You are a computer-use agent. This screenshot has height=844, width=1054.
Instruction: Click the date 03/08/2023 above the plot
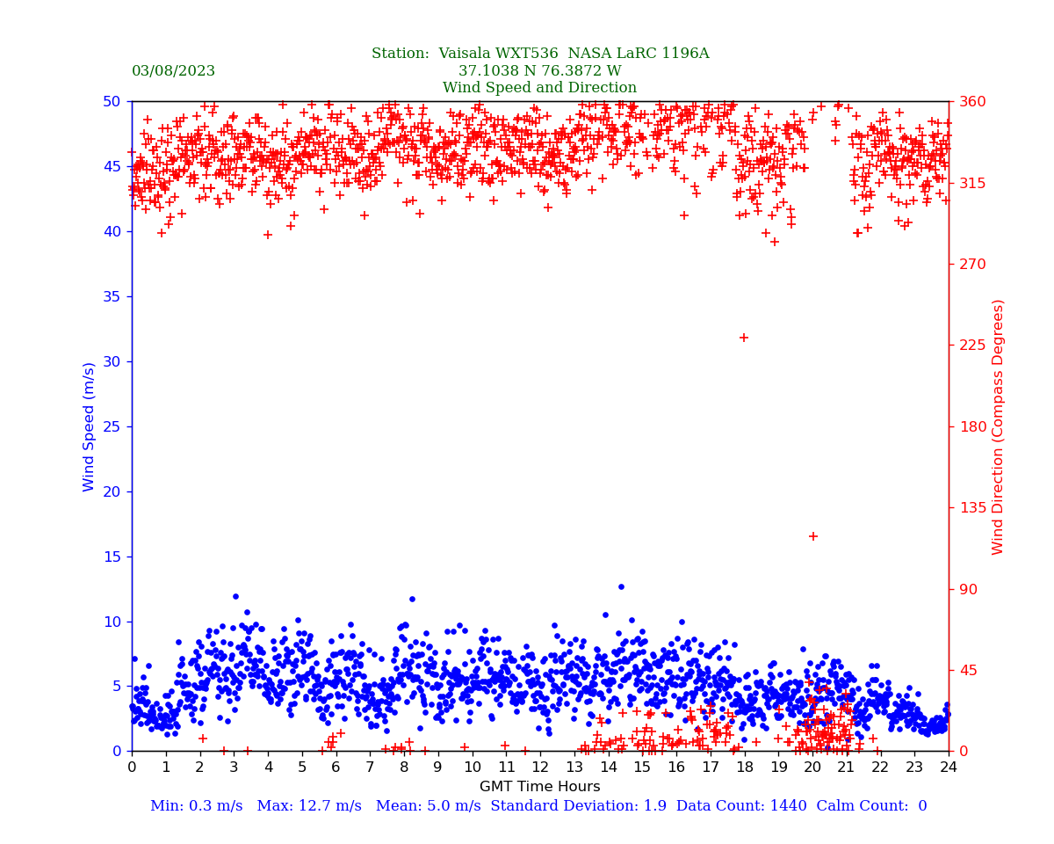[x=173, y=71]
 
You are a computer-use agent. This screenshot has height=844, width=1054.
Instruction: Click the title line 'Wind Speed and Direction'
[x=539, y=88]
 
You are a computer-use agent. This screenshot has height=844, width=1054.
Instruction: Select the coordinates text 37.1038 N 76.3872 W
[x=539, y=71]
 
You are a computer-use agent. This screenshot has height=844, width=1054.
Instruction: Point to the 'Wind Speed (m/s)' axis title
[x=90, y=426]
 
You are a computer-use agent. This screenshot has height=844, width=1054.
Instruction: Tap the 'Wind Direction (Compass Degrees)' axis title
[x=999, y=426]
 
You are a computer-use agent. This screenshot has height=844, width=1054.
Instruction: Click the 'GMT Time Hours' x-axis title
[x=539, y=787]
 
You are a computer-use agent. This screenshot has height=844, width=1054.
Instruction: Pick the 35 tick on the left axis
[x=111, y=296]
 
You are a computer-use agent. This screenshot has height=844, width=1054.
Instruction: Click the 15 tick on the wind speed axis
[x=111, y=557]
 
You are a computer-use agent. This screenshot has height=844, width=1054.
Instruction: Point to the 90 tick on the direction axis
[x=967, y=589]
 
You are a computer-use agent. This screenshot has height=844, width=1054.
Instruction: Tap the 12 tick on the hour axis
[x=540, y=768]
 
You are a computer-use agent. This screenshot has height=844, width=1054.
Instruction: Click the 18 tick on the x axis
[x=744, y=768]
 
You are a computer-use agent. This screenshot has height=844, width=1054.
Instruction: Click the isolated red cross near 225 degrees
[x=744, y=338]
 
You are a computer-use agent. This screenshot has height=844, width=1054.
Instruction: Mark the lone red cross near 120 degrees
[x=813, y=536]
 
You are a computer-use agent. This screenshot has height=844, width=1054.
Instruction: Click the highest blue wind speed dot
[x=621, y=586]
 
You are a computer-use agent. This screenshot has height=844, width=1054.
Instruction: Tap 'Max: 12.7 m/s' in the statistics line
[x=314, y=806]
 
